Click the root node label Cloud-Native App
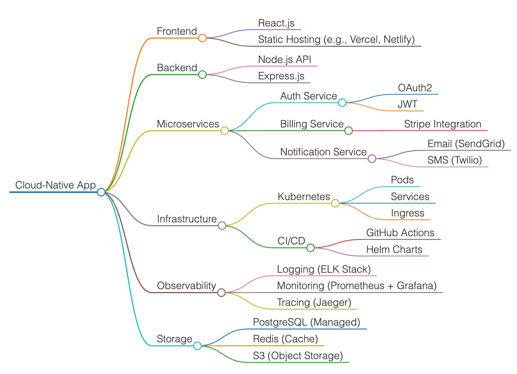tap(55, 185)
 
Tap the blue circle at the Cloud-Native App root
tap(101, 192)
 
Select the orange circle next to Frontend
tap(202, 38)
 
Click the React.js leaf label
tap(276, 23)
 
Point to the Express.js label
tap(281, 76)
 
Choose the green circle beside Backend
tap(202, 75)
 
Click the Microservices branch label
tap(188, 124)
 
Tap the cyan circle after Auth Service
tap(342, 103)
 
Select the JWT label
tap(407, 104)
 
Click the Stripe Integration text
tap(442, 124)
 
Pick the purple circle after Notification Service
tap(372, 159)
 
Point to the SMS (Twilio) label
tap(454, 160)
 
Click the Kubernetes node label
tap(304, 197)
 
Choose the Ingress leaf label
tap(407, 213)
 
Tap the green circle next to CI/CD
tap(310, 248)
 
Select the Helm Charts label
tap(394, 250)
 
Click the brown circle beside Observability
tap(221, 292)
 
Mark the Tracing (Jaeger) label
tap(314, 302)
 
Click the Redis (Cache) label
tap(285, 339)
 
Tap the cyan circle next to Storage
tap(197, 346)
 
